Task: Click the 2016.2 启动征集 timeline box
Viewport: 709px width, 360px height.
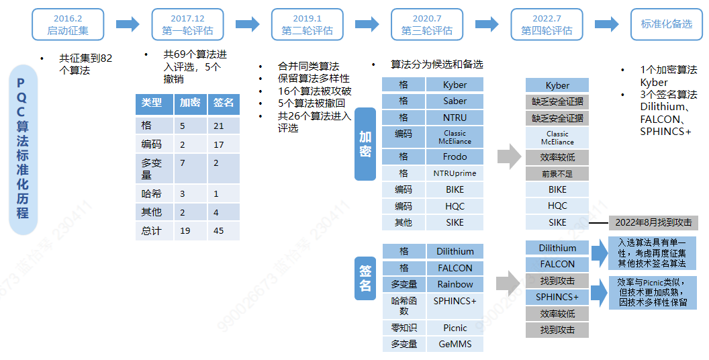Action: tap(68, 24)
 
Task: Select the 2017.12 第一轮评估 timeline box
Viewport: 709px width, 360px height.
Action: tap(187, 24)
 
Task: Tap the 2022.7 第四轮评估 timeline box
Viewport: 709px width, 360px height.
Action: tap(547, 24)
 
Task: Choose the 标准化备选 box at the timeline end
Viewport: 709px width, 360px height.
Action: tap(666, 24)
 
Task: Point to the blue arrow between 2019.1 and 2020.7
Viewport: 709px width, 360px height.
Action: tap(367, 24)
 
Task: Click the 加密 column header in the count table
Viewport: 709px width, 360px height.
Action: tap(190, 103)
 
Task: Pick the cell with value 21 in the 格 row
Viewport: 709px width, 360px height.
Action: tap(224, 126)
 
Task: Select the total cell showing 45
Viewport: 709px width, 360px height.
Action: tap(224, 231)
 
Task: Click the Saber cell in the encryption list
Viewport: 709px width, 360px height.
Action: tap(455, 101)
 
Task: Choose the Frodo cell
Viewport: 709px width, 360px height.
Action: tap(455, 156)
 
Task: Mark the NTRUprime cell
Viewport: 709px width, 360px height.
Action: tap(455, 173)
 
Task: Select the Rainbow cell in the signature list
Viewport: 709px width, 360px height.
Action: tap(455, 284)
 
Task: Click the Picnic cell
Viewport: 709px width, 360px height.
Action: tap(455, 328)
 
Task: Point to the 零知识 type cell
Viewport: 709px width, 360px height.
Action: tap(404, 328)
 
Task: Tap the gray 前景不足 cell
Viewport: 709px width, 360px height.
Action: tap(557, 173)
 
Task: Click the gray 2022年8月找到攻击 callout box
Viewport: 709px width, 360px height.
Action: tap(653, 222)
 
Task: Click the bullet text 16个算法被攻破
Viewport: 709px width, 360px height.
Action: tap(314, 91)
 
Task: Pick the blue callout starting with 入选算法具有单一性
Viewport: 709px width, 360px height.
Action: tap(653, 253)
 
